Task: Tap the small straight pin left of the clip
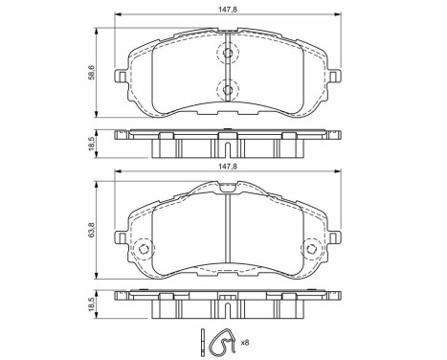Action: (x=205, y=341)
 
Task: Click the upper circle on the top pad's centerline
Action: (x=228, y=55)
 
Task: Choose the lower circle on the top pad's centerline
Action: (x=228, y=90)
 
